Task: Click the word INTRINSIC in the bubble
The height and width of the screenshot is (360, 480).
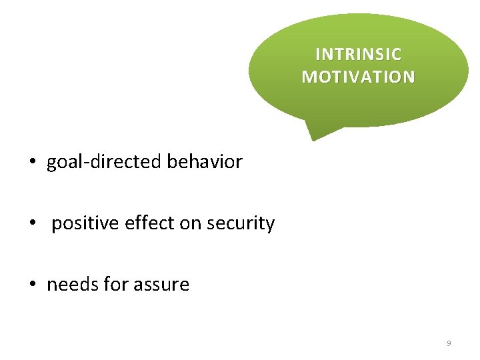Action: click(358, 54)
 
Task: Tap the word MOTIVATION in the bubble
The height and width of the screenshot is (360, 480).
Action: click(358, 77)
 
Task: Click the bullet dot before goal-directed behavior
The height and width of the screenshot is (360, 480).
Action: click(31, 162)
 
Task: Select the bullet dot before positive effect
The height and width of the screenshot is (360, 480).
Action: click(31, 223)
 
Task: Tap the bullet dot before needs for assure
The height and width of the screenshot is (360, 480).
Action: click(31, 285)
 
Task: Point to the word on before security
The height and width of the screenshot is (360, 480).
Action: click(190, 223)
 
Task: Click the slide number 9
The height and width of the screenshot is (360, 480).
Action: click(449, 343)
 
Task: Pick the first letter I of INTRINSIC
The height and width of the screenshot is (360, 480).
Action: click(317, 54)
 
